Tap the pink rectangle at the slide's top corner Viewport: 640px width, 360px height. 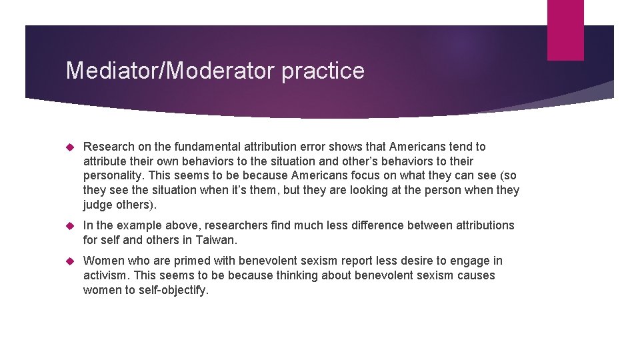[x=565, y=29]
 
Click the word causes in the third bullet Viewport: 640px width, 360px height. [x=476, y=275]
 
